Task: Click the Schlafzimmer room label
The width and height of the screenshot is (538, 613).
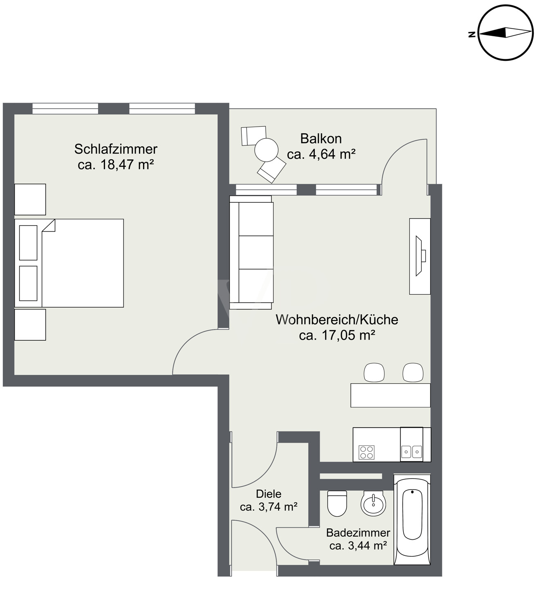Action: point(116,149)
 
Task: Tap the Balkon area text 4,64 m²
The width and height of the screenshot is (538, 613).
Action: point(332,154)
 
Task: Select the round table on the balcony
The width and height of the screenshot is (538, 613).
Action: point(266,150)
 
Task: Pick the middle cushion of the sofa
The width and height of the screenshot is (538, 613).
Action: point(256,252)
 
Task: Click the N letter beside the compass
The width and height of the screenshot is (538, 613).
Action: point(472,34)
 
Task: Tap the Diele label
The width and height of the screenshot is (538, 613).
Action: point(269,494)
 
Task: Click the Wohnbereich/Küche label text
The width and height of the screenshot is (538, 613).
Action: point(337,320)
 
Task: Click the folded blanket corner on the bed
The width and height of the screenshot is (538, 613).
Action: point(48,226)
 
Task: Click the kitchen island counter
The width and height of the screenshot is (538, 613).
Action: point(390,395)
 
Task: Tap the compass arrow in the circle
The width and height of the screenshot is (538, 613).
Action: point(505,33)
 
